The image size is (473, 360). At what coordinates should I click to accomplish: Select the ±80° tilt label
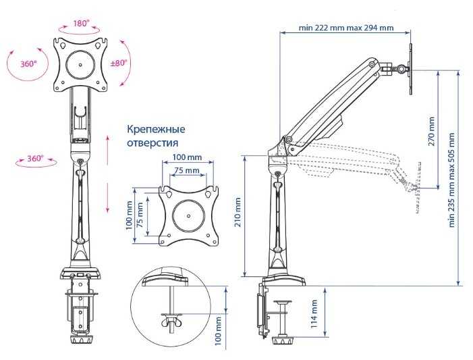pos(119,63)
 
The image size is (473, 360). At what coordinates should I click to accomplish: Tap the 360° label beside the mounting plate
pos(28,63)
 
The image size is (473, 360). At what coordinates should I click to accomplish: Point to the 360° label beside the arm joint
pos(35,158)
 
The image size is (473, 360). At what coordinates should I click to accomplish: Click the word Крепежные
pos(156,129)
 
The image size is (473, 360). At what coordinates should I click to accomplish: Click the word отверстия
pos(152,143)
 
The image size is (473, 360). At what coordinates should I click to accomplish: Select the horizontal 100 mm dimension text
pos(188,157)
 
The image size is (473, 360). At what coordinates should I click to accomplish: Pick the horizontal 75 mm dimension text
pos(187,171)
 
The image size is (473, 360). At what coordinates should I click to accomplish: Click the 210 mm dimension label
pos(238,212)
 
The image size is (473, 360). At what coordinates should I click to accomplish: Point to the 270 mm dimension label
pos(431,132)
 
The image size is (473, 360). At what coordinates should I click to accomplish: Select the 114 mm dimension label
pos(314,314)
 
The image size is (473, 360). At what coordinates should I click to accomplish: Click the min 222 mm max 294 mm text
pos(346,28)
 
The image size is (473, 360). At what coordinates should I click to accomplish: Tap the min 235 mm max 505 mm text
pos(451,180)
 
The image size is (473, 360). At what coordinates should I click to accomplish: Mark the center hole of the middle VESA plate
pos(188,215)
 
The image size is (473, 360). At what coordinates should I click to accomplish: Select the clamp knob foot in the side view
pos(283,341)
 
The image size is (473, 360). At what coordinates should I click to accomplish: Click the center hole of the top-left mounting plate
pos(80,64)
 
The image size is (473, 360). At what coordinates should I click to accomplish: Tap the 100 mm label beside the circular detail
pos(218,331)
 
